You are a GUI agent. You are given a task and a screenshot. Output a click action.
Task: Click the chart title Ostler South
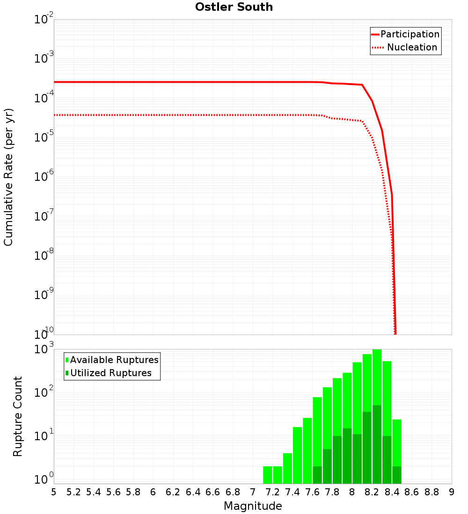tap(234, 7)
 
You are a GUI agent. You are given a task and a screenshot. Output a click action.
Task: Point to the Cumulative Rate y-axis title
tap(8, 177)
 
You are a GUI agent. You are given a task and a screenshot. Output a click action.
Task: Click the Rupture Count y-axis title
tap(18, 416)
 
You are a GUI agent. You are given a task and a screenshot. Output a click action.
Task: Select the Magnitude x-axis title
tap(253, 506)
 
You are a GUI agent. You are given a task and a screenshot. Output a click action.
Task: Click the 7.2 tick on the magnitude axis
tap(273, 492)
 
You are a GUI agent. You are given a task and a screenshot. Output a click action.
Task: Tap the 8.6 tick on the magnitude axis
tap(412, 492)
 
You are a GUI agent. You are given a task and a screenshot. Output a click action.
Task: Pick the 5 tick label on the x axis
tap(54, 492)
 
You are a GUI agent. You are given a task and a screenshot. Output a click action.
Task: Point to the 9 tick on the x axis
tap(452, 492)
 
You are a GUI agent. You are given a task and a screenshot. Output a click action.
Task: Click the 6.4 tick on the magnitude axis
tap(193, 492)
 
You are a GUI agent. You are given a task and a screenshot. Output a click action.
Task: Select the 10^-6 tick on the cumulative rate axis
tap(44, 177)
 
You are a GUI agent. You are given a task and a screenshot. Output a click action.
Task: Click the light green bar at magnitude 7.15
tap(268, 475)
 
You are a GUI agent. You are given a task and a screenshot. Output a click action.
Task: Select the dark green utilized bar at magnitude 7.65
tap(317, 475)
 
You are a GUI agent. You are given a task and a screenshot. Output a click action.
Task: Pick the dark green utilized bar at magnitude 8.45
tap(397, 475)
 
